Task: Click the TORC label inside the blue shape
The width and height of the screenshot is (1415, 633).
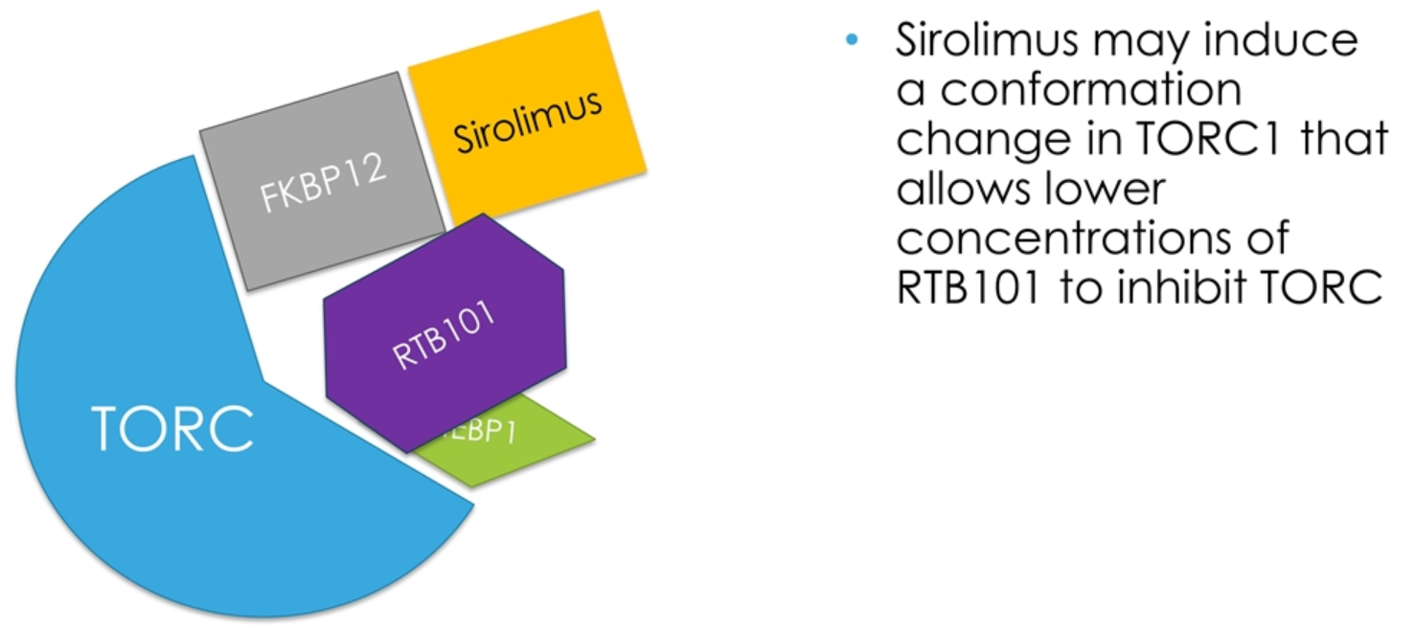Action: point(173,427)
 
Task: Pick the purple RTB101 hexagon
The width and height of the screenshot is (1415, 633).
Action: point(445,334)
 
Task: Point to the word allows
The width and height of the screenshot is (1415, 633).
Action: point(962,190)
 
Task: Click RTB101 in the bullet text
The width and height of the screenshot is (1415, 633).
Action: point(968,288)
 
